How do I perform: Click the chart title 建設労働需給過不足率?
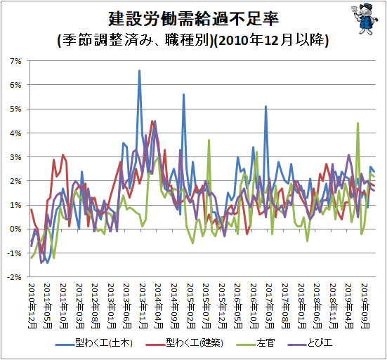pos(193,18)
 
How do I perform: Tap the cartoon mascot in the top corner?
pos(364,19)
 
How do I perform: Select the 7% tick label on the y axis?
pos(15,61)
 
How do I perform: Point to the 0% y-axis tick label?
pos(15,229)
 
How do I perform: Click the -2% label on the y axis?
pos(14,277)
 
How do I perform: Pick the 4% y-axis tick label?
pos(15,133)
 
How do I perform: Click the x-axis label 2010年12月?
pos(32,306)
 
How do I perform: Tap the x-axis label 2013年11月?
pos(143,306)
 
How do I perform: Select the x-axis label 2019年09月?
pos(365,306)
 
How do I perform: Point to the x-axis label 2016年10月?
pos(254,306)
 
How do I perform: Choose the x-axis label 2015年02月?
pos(191,306)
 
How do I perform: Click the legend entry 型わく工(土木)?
pos(94,343)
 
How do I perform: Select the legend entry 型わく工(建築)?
pos(184,343)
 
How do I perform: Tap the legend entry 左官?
pos(255,343)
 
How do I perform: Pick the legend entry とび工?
pos(310,343)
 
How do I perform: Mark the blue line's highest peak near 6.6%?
pos(140,71)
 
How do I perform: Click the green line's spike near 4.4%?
pos(358,124)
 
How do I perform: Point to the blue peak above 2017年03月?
pos(265,107)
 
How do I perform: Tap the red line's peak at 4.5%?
pos(152,121)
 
